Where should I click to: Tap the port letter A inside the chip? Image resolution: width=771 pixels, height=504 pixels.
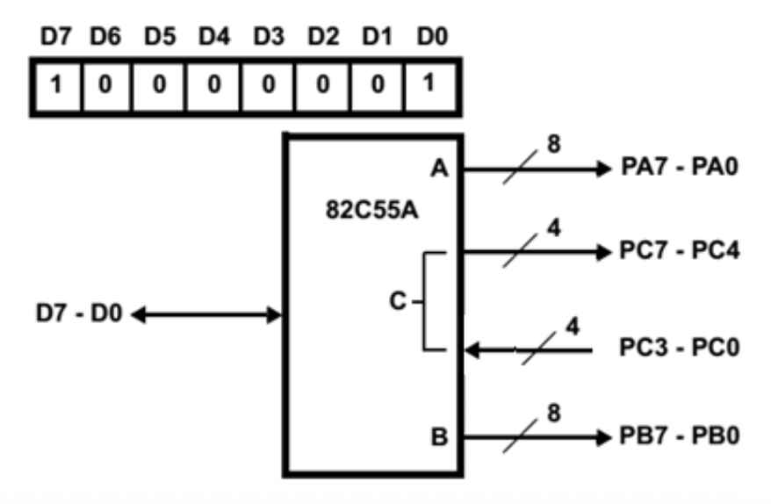(x=440, y=169)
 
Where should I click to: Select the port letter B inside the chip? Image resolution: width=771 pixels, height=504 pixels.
(x=440, y=436)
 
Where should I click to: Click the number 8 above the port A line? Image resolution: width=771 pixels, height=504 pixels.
(x=552, y=143)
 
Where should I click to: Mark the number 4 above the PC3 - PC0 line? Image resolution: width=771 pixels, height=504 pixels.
(x=572, y=326)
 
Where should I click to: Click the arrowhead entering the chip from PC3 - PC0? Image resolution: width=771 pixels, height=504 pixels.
(x=472, y=350)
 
